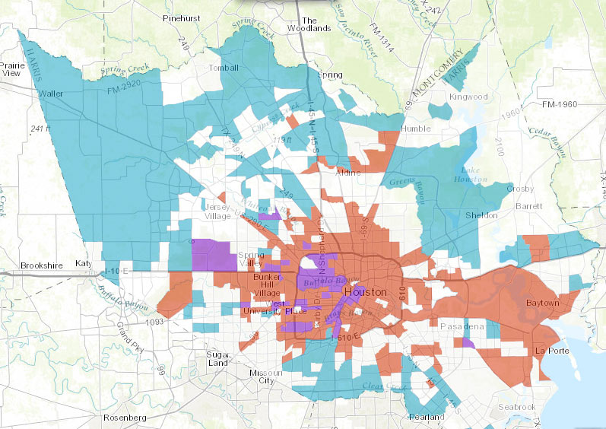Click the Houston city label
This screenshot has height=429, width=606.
coord(365,292)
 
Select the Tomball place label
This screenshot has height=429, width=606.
coord(224,68)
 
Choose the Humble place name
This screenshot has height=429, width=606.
coord(415,129)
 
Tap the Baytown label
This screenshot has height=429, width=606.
coord(542,303)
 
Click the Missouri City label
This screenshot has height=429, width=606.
coord(265,377)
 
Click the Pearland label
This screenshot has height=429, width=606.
coord(425,417)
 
